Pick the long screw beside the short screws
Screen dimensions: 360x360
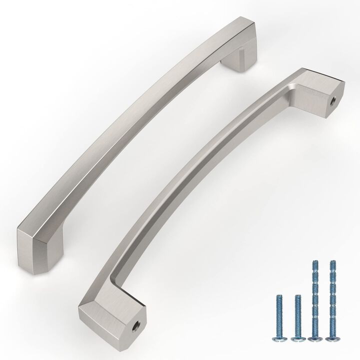click(315, 300)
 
